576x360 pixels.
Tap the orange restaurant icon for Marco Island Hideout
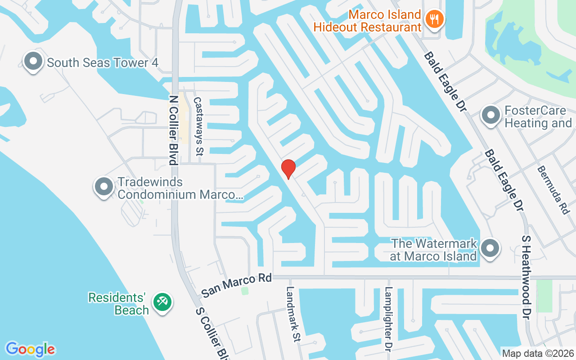[434, 19]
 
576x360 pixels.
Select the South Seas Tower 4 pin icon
[33, 62]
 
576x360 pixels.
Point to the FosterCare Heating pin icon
[491, 115]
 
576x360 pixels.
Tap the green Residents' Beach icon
[161, 301]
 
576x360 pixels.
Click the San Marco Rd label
[236, 285]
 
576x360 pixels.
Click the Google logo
[30, 349]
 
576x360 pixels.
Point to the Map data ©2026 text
[538, 354]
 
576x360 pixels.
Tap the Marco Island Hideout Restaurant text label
[367, 21]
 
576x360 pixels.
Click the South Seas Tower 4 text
[103, 63]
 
